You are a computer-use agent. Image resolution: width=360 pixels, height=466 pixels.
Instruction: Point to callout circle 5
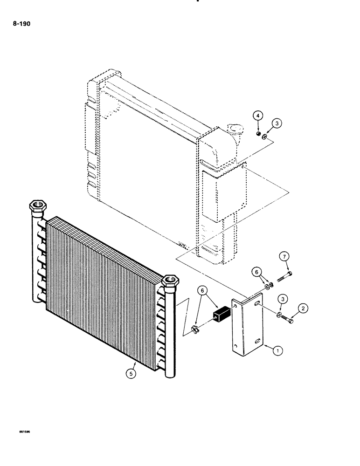(x=132, y=373)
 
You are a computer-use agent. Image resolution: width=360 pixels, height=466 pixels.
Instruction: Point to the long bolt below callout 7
(x=284, y=277)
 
